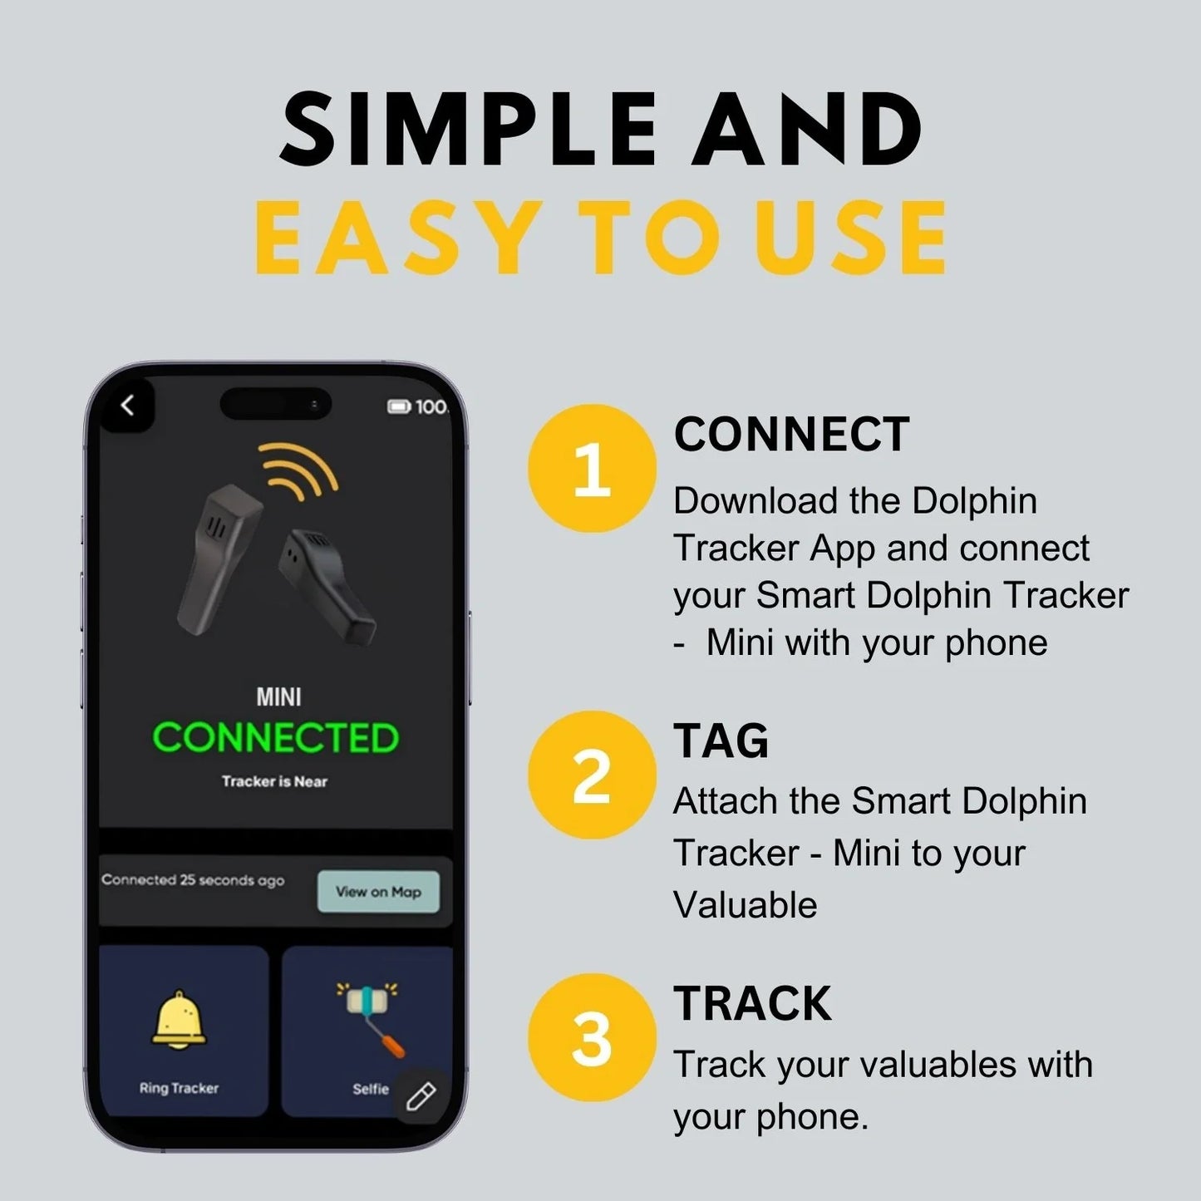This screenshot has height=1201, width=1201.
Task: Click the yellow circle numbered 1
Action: pyautogui.click(x=591, y=468)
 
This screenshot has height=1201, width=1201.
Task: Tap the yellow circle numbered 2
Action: pyautogui.click(x=591, y=775)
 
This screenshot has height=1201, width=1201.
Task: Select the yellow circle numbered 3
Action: pyautogui.click(x=591, y=1037)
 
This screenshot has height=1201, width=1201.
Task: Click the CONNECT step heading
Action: pyautogui.click(x=791, y=435)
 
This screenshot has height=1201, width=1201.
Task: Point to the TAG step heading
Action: pyautogui.click(x=721, y=741)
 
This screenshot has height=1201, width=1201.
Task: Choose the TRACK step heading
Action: pyautogui.click(x=752, y=1004)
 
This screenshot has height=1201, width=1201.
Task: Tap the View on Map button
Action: pyautogui.click(x=378, y=892)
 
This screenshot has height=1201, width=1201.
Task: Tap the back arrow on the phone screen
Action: pyautogui.click(x=127, y=406)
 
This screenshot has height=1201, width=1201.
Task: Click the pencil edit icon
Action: pyautogui.click(x=421, y=1096)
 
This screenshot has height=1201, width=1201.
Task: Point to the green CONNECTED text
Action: pyautogui.click(x=275, y=738)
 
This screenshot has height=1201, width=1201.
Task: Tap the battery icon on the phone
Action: pyautogui.click(x=399, y=406)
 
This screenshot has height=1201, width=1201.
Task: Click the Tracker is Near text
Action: pyautogui.click(x=274, y=781)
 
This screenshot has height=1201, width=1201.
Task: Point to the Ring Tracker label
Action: pyautogui.click(x=179, y=1088)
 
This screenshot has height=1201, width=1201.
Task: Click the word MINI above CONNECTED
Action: pyautogui.click(x=278, y=696)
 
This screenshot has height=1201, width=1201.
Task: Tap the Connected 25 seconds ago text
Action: pyautogui.click(x=193, y=880)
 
